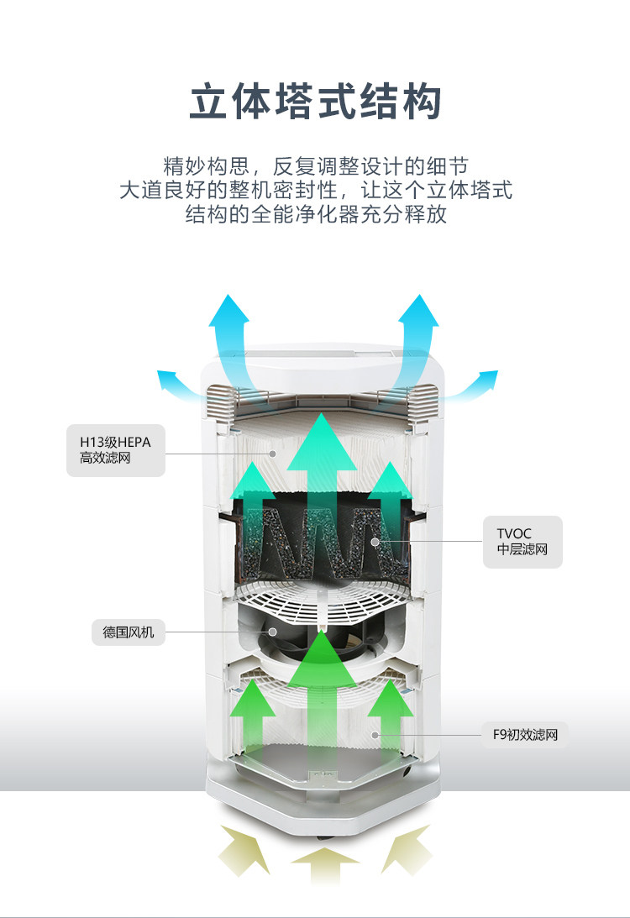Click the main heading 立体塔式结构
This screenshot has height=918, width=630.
tap(315, 102)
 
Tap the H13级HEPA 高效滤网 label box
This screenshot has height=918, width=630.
tap(115, 451)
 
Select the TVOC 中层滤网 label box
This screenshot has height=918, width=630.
tap(522, 542)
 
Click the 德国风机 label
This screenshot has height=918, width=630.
tap(128, 632)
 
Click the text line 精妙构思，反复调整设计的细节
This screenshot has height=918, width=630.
tap(315, 165)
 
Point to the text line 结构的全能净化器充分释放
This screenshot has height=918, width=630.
tap(315, 214)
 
